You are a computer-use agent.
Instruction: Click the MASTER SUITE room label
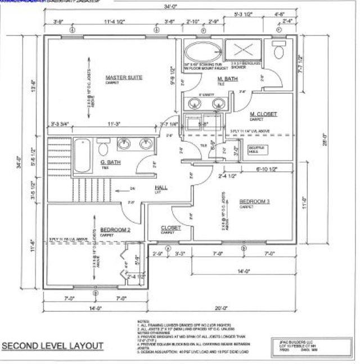(x=124, y=77)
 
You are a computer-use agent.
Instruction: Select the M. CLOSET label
(x=263, y=114)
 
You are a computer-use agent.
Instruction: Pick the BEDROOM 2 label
(x=115, y=230)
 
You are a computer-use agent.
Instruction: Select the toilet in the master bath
(x=277, y=52)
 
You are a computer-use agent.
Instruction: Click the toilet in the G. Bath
(x=103, y=149)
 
